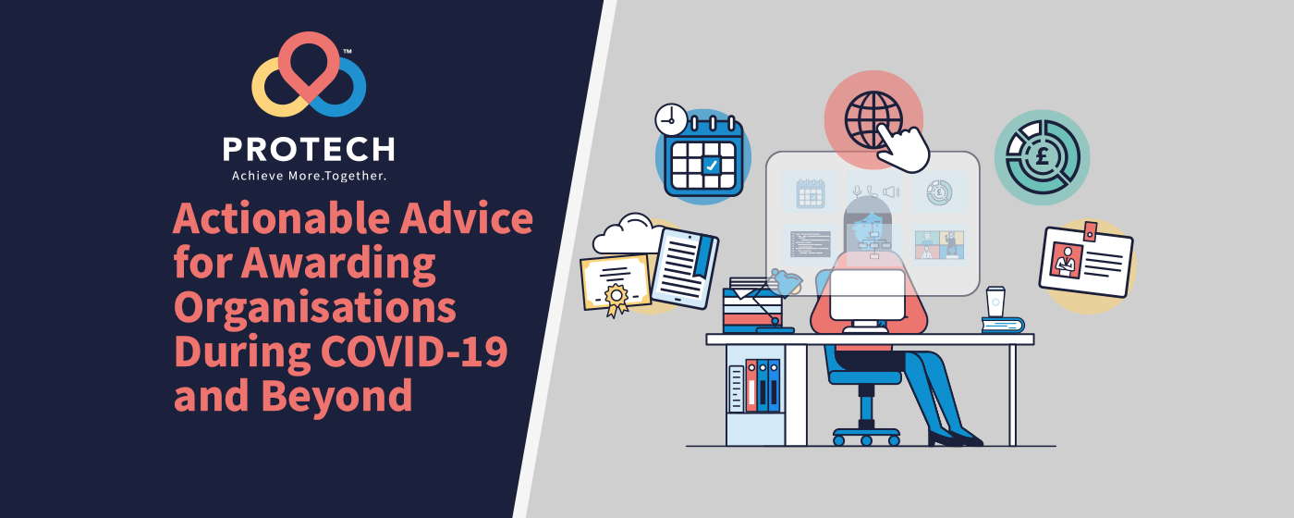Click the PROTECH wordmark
pos(309,149)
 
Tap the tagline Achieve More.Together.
pos(309,176)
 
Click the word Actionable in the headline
pos(281,218)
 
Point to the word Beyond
pos(336,396)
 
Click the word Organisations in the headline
pos(315,308)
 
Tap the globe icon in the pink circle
pos(873,119)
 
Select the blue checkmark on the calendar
pos(711,166)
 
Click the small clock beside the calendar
pos(671,120)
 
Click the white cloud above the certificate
pos(629,234)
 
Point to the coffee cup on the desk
pos(995,302)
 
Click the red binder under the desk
pos(751,386)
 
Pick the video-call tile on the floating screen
pos(939,245)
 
